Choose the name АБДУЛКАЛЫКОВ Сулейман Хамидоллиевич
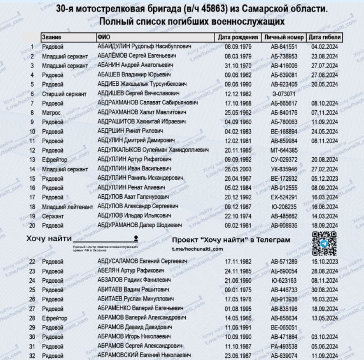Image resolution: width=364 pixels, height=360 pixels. click(153, 150)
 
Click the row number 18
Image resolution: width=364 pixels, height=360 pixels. click(32, 207)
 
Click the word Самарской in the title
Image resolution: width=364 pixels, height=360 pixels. click(262, 9)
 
